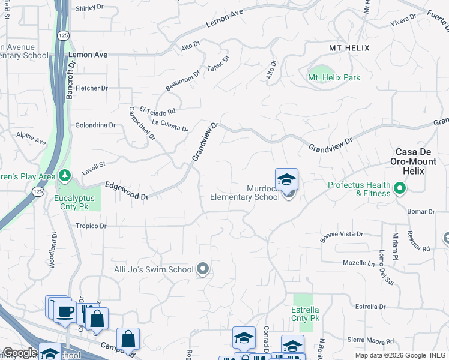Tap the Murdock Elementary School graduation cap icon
[x=287, y=179]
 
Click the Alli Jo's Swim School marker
[x=203, y=269]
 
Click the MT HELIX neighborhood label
[x=349, y=47]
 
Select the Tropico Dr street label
[x=91, y=226]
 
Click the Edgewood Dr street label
[x=126, y=191]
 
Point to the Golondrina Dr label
[x=95, y=125]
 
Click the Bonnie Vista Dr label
[x=342, y=236]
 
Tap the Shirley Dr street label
[x=91, y=9]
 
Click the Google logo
[x=20, y=353]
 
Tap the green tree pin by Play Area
[x=65, y=176]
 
